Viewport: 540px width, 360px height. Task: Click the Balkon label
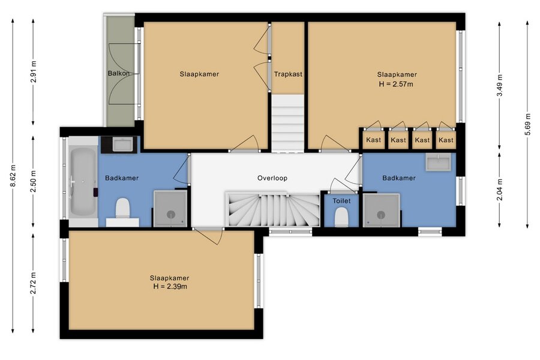[x=118, y=73]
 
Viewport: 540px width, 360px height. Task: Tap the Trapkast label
[x=288, y=74]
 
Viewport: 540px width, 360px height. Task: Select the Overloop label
[x=272, y=178]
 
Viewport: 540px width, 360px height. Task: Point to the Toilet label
[x=341, y=201]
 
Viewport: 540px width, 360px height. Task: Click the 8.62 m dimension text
[x=13, y=175]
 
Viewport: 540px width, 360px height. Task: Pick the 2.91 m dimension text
[x=34, y=71]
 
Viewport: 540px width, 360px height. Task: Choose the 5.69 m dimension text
[x=528, y=124]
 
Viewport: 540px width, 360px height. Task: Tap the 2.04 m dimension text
[x=500, y=190]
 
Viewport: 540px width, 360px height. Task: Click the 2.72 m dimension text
[x=34, y=283]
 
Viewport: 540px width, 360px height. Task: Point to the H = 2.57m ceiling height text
[x=396, y=84]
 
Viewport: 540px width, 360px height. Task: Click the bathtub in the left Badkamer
[x=83, y=182]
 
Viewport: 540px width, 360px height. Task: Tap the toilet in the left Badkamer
[x=122, y=211]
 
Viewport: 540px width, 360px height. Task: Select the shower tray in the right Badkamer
[x=381, y=211]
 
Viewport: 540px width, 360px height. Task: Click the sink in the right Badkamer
[x=439, y=162]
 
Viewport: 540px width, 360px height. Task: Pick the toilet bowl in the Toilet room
[x=341, y=217]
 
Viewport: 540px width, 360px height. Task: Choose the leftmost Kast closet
[x=373, y=140]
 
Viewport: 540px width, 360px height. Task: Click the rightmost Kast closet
[x=446, y=140]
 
